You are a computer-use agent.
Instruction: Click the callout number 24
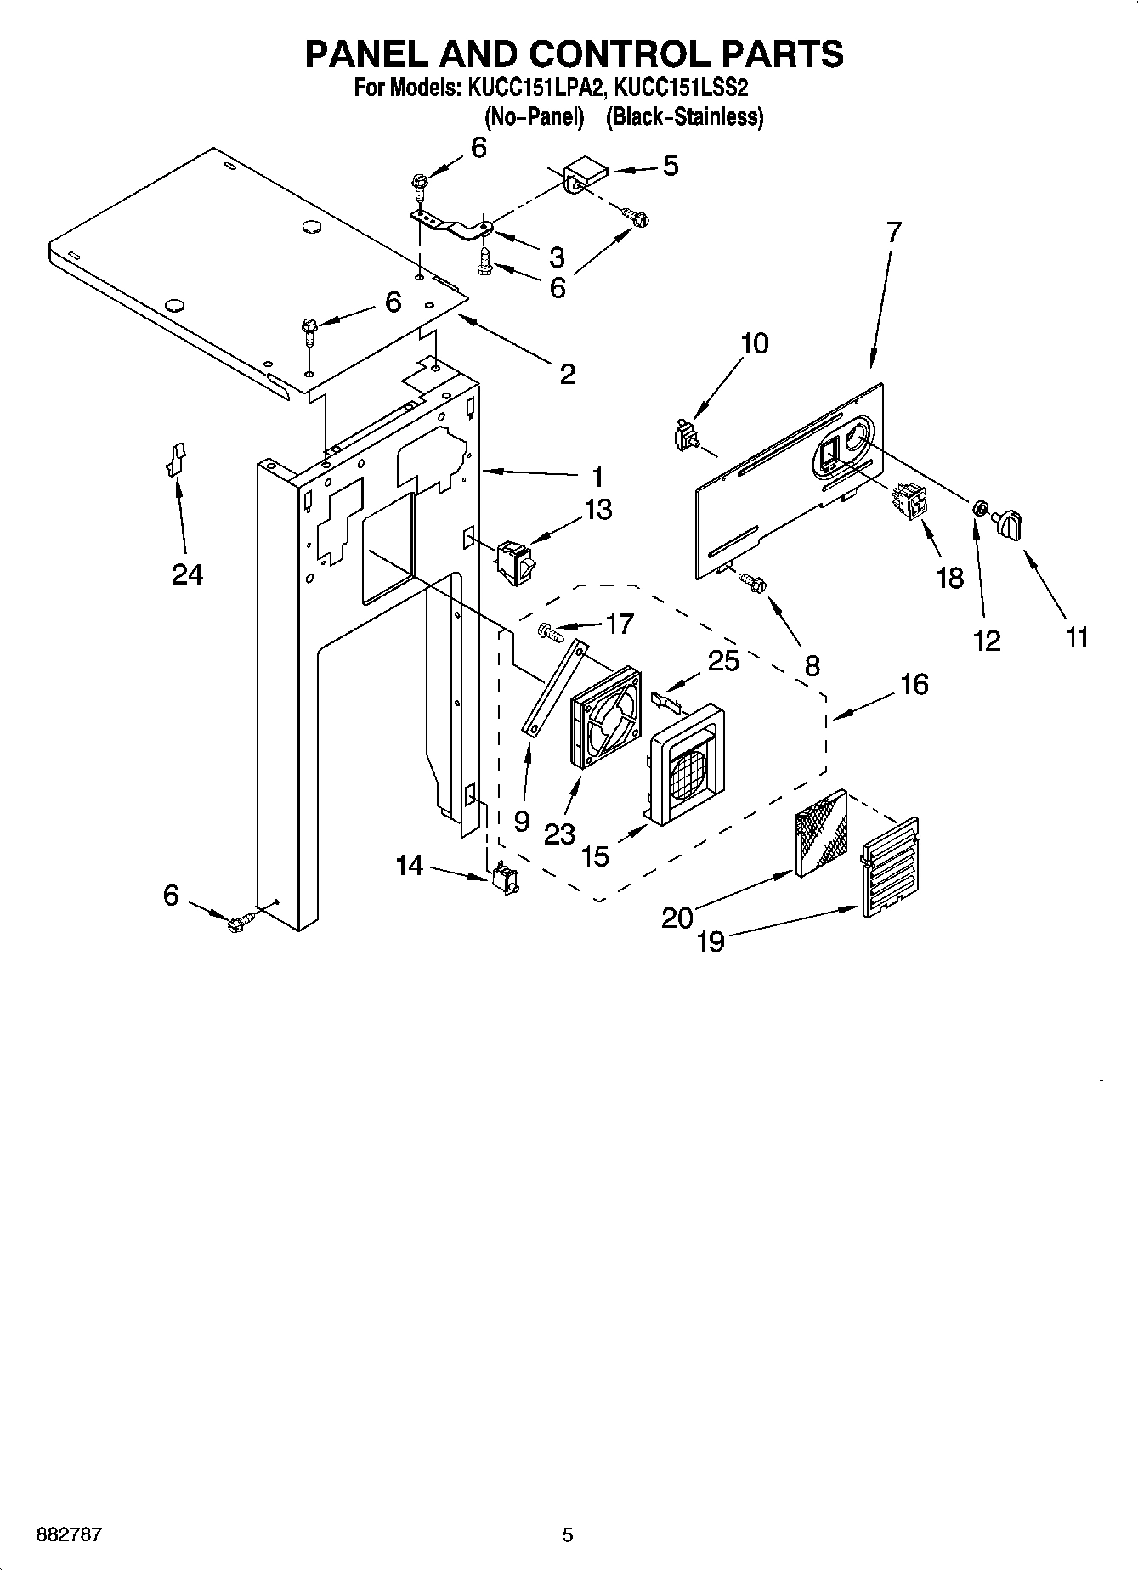(187, 575)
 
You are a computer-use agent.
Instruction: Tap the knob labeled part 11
(1008, 523)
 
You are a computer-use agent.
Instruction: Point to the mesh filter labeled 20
(820, 833)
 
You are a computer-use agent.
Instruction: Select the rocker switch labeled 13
(513, 562)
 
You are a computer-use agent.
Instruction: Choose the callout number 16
(914, 685)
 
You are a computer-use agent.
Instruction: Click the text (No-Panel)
(534, 116)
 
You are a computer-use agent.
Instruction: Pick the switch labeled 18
(907, 503)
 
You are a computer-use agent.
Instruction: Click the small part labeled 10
(683, 437)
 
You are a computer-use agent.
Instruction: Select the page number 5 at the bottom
(568, 1534)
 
